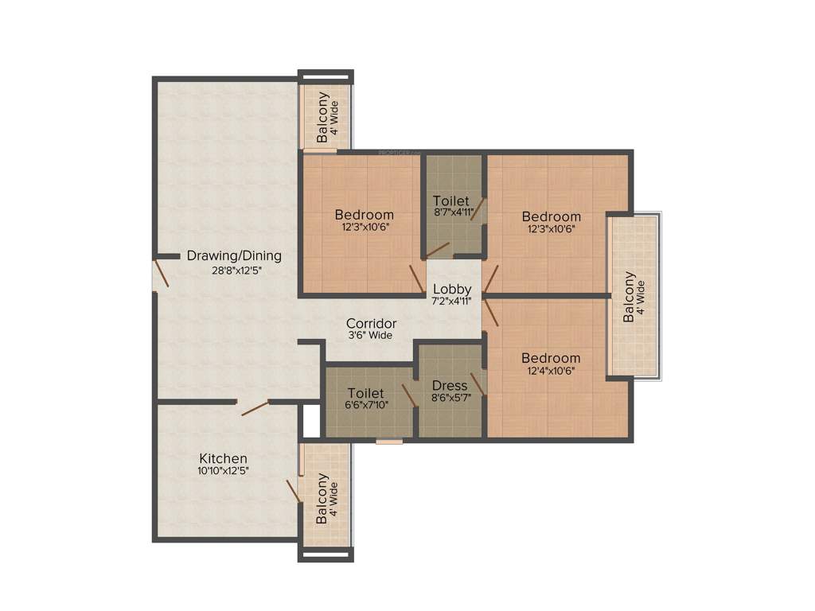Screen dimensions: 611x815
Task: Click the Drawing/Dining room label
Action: [234, 256]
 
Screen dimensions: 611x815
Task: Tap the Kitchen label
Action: [223, 458]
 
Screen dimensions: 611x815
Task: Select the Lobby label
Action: [452, 289]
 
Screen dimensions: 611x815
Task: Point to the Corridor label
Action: [371, 324]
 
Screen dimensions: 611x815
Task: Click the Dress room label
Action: [450, 386]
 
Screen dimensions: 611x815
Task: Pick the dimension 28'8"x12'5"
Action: [236, 270]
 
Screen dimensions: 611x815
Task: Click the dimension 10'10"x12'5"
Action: [223, 471]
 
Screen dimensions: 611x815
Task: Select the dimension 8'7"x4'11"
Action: [454, 213]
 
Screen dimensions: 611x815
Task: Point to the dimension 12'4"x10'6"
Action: [552, 370]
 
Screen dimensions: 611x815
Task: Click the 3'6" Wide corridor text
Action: [369, 336]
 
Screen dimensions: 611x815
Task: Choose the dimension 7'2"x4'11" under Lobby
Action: [452, 301]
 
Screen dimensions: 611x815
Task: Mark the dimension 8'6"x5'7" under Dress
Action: [450, 398]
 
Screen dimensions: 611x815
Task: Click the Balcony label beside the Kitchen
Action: [322, 500]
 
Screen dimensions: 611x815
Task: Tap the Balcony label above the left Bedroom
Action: [322, 118]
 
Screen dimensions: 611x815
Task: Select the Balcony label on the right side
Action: [629, 297]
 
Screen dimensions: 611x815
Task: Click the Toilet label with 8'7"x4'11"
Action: [451, 200]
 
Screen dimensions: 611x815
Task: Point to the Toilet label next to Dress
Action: [366, 393]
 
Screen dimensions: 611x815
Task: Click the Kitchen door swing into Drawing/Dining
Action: [255, 407]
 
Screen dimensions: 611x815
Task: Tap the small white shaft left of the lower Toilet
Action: [311, 422]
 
